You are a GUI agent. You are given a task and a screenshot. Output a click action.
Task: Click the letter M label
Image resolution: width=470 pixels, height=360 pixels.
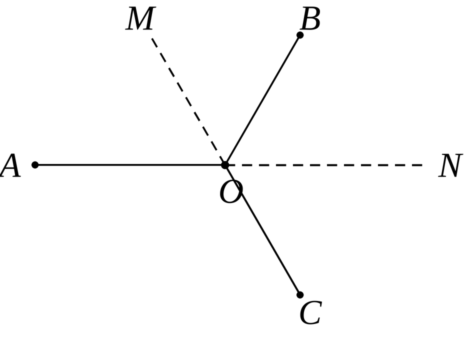(x=140, y=18)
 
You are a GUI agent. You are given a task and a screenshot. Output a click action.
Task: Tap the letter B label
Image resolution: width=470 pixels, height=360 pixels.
(x=310, y=18)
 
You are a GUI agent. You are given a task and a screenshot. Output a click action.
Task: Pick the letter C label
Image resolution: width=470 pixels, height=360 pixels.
(x=311, y=312)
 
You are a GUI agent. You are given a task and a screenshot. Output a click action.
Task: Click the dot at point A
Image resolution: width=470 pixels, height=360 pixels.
(x=35, y=165)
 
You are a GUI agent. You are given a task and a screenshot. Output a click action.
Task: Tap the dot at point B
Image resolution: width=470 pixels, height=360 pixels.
(x=299, y=35)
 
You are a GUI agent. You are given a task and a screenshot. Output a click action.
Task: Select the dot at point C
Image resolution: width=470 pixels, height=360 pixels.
(x=299, y=294)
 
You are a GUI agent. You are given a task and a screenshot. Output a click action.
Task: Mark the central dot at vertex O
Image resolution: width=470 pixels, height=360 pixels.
(x=225, y=165)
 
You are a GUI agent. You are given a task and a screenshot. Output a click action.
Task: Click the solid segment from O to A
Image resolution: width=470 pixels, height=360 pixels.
(x=130, y=165)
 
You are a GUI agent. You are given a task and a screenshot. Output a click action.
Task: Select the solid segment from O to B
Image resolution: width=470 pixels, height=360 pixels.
(x=262, y=100)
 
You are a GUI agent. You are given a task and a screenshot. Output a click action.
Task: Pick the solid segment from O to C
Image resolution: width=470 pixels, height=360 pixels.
(x=262, y=230)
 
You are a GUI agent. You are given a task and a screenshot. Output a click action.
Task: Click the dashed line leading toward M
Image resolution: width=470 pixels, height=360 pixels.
(x=188, y=101)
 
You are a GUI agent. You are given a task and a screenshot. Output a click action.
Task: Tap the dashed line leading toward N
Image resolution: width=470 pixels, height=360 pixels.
(x=323, y=165)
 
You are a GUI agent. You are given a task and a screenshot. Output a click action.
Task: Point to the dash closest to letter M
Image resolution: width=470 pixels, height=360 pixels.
(x=154, y=42)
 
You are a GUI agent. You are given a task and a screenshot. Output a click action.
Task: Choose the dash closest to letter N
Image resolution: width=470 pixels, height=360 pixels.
(x=417, y=165)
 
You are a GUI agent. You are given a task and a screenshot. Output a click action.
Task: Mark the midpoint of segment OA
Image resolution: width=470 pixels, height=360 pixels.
(x=130, y=165)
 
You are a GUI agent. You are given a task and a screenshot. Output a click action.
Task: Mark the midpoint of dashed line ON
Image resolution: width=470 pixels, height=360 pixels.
(x=323, y=165)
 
